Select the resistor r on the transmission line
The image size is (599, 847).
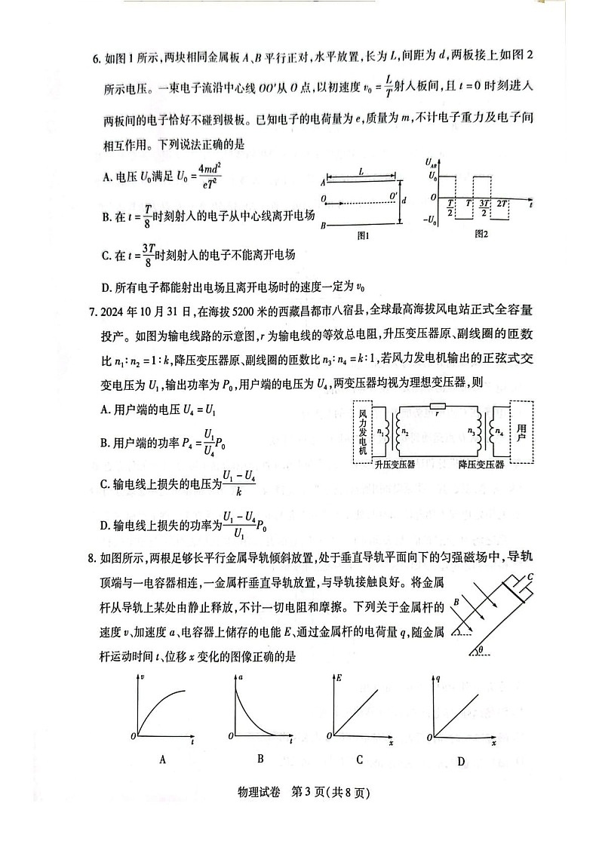coord(438,406)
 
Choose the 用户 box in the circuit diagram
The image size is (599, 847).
coord(523,433)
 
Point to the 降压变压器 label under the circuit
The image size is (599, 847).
coord(481,465)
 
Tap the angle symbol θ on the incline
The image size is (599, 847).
coord(481,647)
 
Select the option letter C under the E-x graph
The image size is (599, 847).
coord(360,760)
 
